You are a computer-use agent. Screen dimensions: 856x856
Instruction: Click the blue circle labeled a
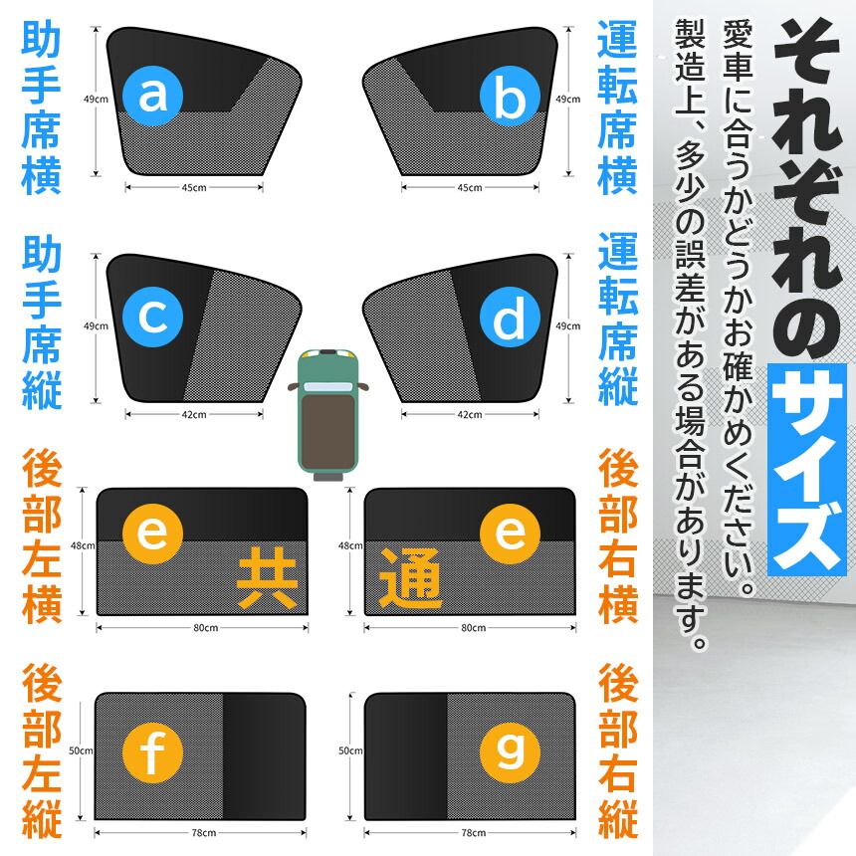(x=152, y=97)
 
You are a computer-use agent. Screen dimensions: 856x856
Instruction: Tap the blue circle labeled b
(x=510, y=97)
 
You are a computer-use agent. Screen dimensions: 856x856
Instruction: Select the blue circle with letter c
(x=152, y=317)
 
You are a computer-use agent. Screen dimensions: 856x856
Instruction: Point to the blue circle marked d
(x=510, y=317)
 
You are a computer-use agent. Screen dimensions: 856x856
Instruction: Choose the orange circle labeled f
(x=152, y=752)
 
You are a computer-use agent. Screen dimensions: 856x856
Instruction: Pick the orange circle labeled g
(x=510, y=752)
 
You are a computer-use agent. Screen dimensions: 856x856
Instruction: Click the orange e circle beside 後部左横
(x=152, y=534)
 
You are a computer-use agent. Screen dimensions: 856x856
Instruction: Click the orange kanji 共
(x=268, y=578)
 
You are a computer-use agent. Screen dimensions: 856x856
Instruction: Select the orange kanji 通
(x=410, y=578)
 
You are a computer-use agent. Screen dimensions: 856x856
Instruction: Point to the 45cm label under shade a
(x=194, y=188)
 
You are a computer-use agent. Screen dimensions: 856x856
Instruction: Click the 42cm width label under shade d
(x=470, y=414)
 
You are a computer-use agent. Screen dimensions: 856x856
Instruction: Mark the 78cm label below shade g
(x=474, y=832)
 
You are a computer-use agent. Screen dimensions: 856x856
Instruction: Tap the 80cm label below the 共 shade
(x=205, y=628)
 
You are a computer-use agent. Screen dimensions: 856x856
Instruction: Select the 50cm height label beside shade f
(x=81, y=750)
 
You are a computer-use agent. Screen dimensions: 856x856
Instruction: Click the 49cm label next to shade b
(x=567, y=99)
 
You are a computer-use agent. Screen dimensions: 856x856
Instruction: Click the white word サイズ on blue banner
(x=807, y=470)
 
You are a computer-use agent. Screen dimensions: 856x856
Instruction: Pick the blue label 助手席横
(x=41, y=107)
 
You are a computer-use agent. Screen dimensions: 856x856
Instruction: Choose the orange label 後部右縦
(x=618, y=751)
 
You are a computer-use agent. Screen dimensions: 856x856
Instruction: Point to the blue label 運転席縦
(x=618, y=320)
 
